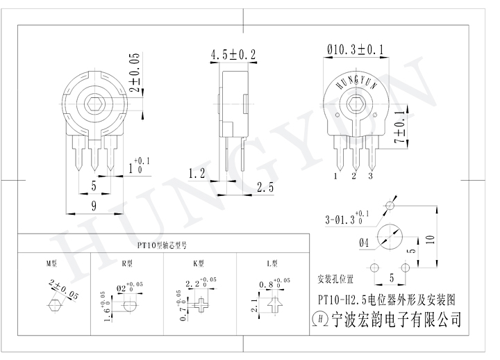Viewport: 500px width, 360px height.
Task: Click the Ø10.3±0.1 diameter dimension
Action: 355,49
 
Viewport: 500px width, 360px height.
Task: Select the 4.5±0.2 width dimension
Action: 233,54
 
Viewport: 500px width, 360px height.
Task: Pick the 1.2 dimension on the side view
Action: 196,172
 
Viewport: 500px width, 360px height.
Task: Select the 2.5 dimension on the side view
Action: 264,186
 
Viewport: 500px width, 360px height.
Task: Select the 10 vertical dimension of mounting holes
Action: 431,238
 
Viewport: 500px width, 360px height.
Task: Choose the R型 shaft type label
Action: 126,264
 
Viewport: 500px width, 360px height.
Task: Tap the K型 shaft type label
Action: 199,264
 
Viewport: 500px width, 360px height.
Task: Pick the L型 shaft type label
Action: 272,264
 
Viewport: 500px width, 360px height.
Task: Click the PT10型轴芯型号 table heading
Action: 162,245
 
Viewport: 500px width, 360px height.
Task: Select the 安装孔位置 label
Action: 335,280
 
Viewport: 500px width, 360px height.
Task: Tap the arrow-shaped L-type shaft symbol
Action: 276,304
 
